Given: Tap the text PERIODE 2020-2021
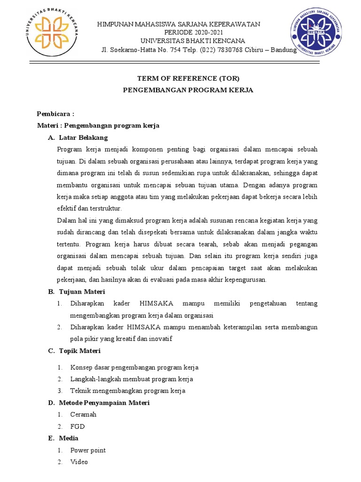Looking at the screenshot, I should (x=182, y=32).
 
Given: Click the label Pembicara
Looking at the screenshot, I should (x=55, y=114).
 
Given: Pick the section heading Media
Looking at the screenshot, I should (x=69, y=438).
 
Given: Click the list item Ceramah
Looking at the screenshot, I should (x=83, y=414).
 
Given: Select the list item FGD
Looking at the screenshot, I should (x=78, y=426).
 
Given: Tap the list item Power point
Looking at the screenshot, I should (x=88, y=450).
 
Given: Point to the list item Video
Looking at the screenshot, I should (x=79, y=462).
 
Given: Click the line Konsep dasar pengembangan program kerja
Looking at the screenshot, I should (x=134, y=367).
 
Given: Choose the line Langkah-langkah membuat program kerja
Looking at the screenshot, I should (x=132, y=379).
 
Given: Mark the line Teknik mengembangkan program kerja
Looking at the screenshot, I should (x=128, y=391).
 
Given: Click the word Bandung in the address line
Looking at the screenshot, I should (x=284, y=50).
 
